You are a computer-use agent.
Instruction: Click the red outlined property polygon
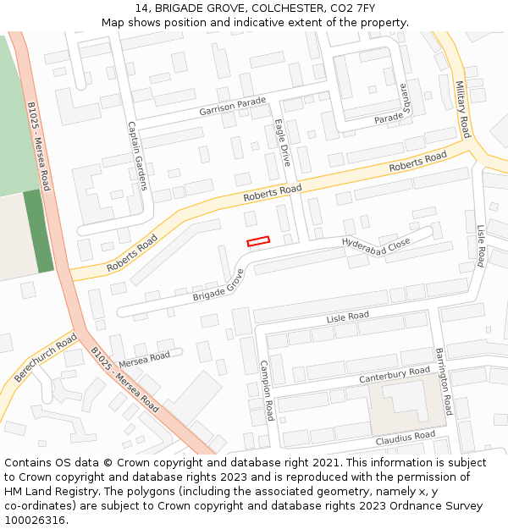pos(257,242)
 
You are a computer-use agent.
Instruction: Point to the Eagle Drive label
pos(282,141)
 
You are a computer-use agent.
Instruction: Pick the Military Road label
pos(461,109)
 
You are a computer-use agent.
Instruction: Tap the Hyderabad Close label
pos(376,242)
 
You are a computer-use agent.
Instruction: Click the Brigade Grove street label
pos(218,284)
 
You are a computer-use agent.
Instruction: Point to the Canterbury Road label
pos(395,373)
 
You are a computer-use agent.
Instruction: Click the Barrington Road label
pos(445,381)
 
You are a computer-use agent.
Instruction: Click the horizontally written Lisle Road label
pos(348,317)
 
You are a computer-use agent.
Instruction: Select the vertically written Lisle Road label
pos(479,245)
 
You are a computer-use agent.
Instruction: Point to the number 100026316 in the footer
pos(34,520)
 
